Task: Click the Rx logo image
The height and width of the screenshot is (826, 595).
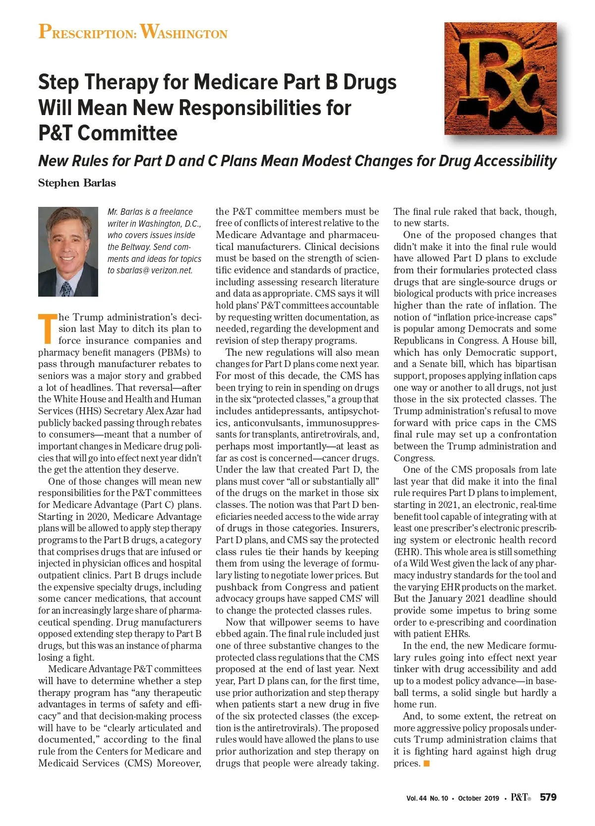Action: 500,78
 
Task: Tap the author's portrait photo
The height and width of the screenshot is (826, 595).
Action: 68,252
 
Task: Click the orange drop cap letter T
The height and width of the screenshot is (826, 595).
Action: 47,328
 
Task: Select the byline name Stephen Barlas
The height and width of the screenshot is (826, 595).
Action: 77,183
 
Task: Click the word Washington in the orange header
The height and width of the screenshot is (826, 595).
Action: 184,32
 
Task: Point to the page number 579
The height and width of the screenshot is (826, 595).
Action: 548,797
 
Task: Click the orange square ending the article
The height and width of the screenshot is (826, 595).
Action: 426,763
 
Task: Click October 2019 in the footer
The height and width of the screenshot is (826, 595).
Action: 478,798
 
